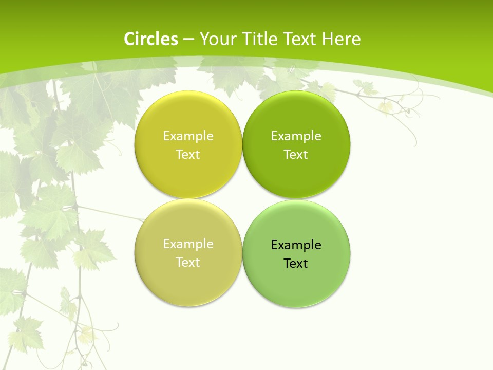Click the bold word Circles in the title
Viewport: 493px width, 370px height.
[x=151, y=39]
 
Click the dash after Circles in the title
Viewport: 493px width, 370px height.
[x=188, y=40]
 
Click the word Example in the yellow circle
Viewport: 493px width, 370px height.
[x=188, y=136]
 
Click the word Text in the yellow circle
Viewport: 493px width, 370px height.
[x=188, y=155]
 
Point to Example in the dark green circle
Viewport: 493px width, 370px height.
[x=296, y=136]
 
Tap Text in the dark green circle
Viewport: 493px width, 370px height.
[x=296, y=155]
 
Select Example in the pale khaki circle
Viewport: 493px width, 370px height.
[x=188, y=244]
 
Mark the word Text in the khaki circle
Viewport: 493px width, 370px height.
[x=188, y=263]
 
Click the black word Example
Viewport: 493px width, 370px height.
[x=296, y=245]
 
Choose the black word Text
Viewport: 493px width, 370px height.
[x=296, y=264]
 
